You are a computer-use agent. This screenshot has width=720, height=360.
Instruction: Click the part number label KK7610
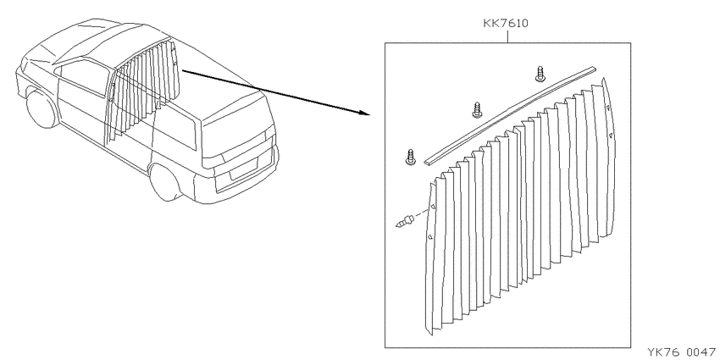pyautogui.click(x=506, y=23)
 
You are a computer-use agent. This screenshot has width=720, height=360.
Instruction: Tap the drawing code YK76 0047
pyautogui.click(x=681, y=352)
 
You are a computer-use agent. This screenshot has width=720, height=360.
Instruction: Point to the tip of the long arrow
pyautogui.click(x=369, y=114)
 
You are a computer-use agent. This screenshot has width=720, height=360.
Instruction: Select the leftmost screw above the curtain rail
pyautogui.click(x=411, y=157)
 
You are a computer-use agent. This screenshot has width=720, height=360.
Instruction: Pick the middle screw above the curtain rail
pyautogui.click(x=477, y=110)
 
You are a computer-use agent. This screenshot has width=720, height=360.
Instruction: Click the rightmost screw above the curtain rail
pyautogui.click(x=540, y=74)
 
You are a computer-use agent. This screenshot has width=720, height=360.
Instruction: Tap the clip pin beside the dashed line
pyautogui.click(x=405, y=220)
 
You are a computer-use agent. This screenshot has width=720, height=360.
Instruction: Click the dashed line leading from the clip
pyautogui.click(x=422, y=213)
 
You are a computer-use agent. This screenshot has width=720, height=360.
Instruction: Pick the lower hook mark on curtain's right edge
pyautogui.click(x=611, y=136)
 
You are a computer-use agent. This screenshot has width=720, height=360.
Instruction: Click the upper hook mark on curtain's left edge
pyautogui.click(x=434, y=206)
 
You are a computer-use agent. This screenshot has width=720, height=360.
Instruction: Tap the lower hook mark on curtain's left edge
pyautogui.click(x=430, y=237)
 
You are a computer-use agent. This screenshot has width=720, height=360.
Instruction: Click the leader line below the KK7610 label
pyautogui.click(x=507, y=36)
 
